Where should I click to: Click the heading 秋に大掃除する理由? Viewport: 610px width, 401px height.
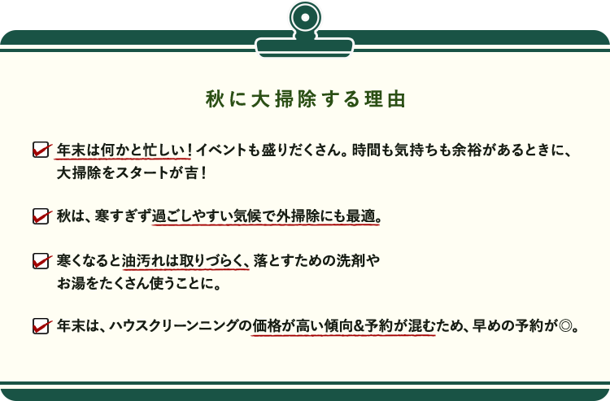[x=305, y=98]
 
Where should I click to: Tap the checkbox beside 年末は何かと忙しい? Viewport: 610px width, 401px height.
[x=41, y=150]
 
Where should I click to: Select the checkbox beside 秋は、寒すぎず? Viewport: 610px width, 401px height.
[x=41, y=216]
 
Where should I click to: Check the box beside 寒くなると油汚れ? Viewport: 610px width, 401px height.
[x=41, y=261]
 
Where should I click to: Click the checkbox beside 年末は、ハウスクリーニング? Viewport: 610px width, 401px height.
[x=41, y=326]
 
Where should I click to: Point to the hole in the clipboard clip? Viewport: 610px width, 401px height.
[x=305, y=18]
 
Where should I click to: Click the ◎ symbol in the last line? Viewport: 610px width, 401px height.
[x=565, y=326]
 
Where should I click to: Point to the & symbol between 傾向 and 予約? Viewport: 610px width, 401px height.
[x=359, y=326]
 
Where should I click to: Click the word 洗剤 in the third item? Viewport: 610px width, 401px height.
[x=351, y=260]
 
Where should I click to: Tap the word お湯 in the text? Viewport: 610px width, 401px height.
[x=71, y=284]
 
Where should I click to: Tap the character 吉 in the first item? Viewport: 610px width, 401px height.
[x=191, y=172]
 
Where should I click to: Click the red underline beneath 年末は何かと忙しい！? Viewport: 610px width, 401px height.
[x=123, y=159]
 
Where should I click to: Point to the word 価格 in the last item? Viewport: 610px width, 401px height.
[x=266, y=325]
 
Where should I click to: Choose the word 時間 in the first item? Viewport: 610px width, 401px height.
[x=366, y=150]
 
